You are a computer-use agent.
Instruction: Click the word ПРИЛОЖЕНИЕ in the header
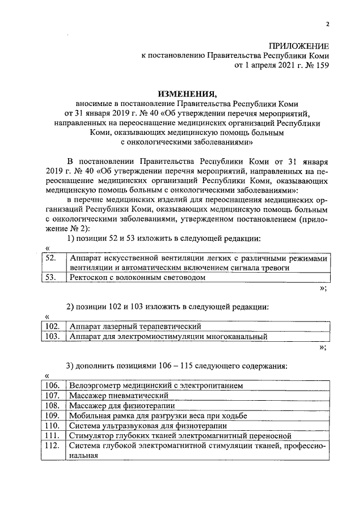coord(299,45)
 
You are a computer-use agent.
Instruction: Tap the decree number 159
coord(321,65)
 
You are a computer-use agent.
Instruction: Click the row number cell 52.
coord(51,258)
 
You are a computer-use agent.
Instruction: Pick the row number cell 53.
coord(51,278)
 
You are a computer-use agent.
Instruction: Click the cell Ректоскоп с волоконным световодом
coord(137,278)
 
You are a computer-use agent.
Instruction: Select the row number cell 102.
coord(52,327)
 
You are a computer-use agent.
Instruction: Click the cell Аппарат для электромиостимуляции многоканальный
coord(168,336)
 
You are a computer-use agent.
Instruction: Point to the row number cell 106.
coord(52,385)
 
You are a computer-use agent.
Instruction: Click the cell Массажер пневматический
coord(119,395)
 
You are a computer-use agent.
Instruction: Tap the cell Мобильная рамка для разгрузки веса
coord(158,416)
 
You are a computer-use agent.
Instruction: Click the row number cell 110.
coord(52,426)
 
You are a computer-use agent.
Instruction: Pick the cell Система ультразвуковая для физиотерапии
coord(148,426)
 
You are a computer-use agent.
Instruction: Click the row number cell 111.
coord(52,436)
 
